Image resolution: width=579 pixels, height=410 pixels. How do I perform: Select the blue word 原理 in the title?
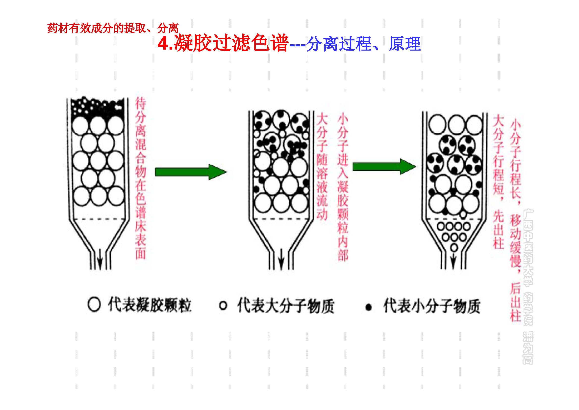[x=405, y=44]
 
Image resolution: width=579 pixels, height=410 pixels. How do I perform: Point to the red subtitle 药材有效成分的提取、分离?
[x=113, y=28]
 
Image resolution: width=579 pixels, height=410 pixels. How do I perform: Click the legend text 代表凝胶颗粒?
[x=150, y=305]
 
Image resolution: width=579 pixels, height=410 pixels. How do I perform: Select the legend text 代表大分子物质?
[x=286, y=306]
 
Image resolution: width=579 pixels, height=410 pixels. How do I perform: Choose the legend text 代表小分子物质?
[x=431, y=306]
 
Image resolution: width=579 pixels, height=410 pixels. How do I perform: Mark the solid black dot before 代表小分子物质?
[x=369, y=307]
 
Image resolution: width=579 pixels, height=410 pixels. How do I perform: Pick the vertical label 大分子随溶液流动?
[x=322, y=167]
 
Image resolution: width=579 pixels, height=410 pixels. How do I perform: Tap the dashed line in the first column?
[x=98, y=219]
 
